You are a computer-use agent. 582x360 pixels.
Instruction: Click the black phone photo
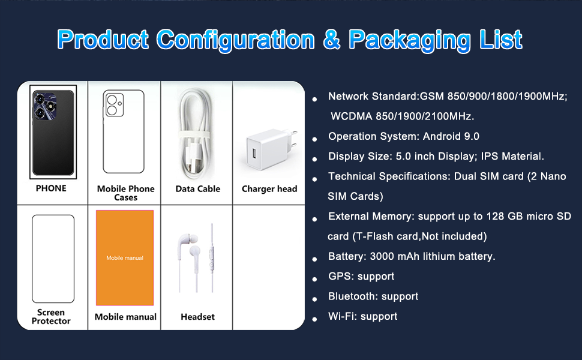(x=53, y=133)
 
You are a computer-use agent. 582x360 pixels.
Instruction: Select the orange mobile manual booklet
(x=125, y=258)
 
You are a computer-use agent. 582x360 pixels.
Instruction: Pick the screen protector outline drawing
(x=53, y=259)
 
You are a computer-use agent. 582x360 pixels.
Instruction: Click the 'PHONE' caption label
(x=51, y=188)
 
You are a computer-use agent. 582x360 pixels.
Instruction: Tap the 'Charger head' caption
(x=269, y=189)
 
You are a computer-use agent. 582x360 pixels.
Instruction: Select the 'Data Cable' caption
(x=197, y=189)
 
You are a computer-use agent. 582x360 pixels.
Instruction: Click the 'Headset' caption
(x=197, y=317)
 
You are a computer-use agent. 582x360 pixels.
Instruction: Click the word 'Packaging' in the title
(x=408, y=40)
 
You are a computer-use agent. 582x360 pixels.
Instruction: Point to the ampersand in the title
(x=332, y=40)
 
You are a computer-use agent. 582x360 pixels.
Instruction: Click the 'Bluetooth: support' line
(x=373, y=296)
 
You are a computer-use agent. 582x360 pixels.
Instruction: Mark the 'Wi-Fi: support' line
(x=362, y=316)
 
